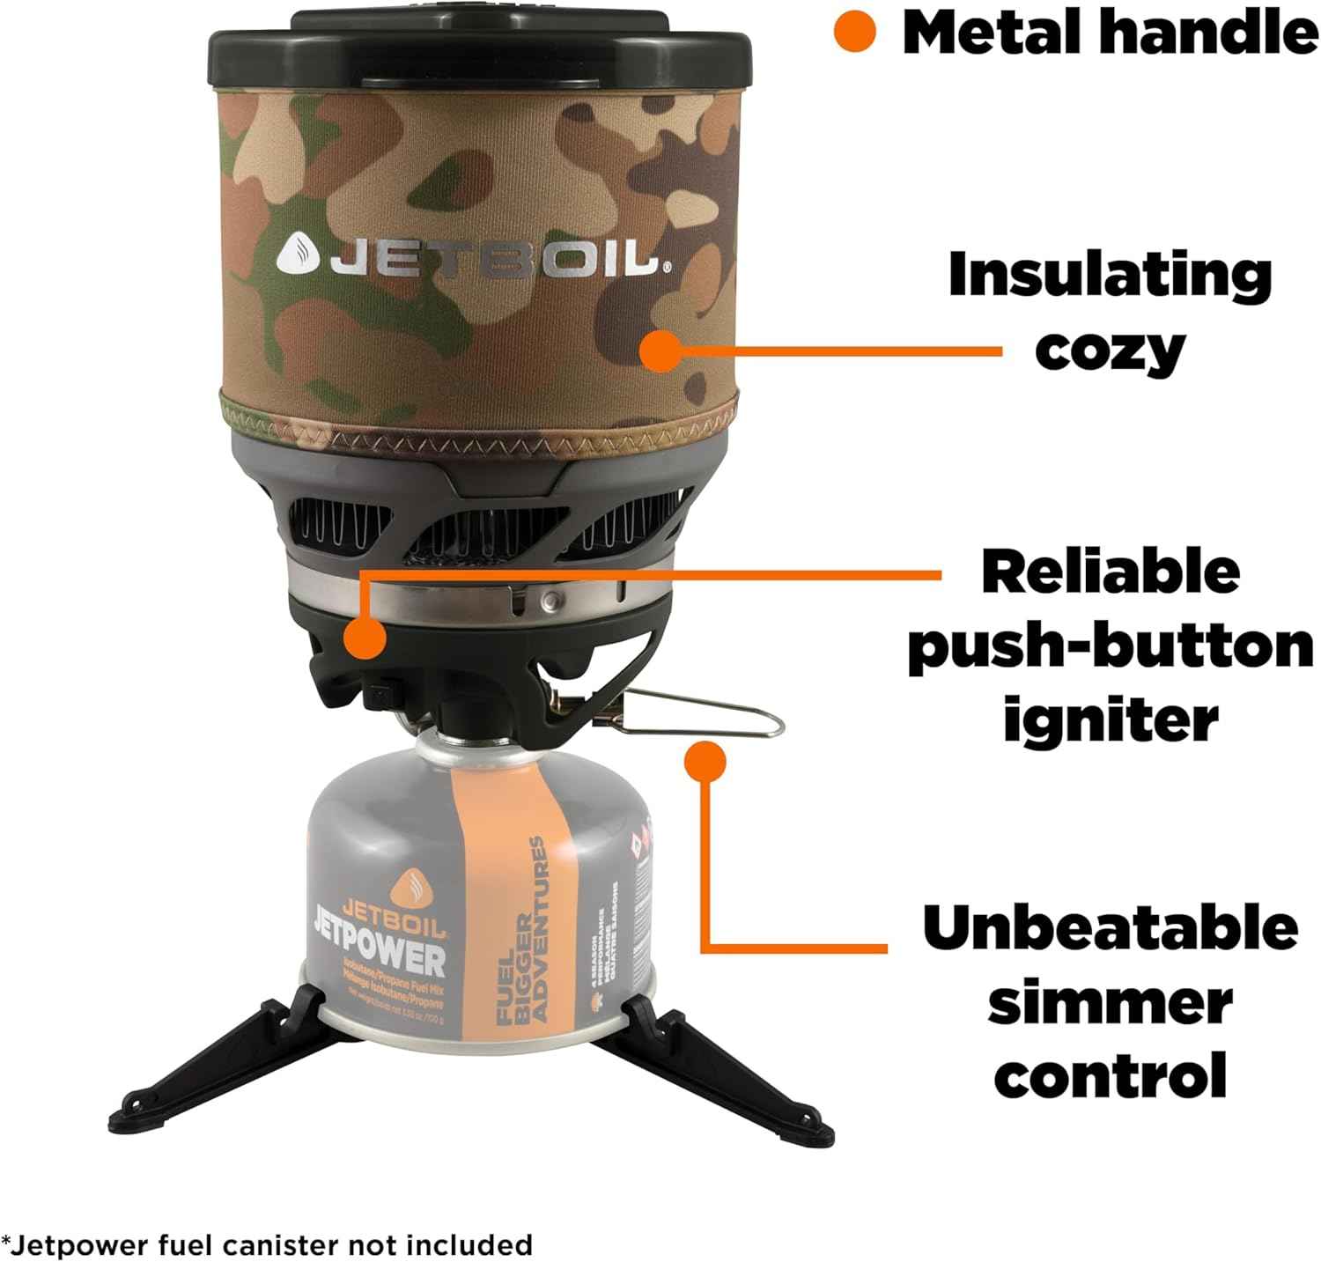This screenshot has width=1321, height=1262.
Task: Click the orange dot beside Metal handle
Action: coord(854,32)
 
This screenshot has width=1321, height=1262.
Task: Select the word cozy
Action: coord(1110,350)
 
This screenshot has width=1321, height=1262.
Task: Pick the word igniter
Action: coord(1111,722)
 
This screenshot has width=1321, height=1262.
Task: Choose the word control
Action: coord(1110,1076)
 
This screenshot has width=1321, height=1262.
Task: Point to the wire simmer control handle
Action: coord(705,715)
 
